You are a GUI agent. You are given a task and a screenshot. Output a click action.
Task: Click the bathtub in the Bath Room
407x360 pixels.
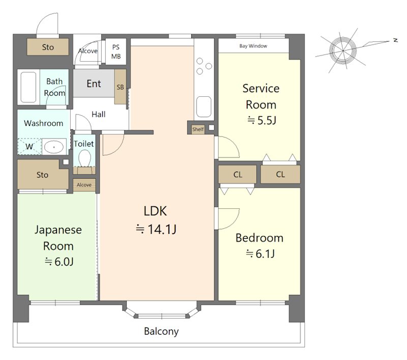coord(28,87)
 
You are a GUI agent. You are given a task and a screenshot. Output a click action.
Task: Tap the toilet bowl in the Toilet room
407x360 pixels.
coord(84,158)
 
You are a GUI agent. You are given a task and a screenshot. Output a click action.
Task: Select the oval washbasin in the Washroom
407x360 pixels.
coord(54,147)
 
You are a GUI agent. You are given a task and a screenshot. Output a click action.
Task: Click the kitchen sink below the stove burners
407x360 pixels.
coord(204,106)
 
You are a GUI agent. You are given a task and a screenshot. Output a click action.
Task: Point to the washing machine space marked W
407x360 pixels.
coord(30,147)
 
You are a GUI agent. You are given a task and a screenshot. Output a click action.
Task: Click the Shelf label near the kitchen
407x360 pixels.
coord(198,129)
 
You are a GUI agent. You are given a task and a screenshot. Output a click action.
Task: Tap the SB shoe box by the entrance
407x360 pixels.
coord(120,87)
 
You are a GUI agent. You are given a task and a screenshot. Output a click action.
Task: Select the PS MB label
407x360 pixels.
coord(116,52)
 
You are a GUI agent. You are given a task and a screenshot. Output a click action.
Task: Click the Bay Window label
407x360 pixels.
coord(253,46)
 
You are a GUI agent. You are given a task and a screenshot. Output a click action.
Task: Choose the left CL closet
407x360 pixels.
coord(238,174)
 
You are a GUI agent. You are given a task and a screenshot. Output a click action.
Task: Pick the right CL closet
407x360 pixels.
coord(280,174)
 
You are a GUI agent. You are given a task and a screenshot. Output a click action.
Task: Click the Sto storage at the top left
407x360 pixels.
coord(48,47)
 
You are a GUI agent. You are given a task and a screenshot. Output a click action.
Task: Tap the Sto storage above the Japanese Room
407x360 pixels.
coord(42,175)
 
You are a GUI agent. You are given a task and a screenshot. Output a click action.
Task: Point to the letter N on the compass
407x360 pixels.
coord(396,40)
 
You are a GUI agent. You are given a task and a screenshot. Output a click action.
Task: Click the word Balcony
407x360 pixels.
coord(161,331)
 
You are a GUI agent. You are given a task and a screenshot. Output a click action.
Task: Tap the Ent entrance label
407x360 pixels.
coord(94,84)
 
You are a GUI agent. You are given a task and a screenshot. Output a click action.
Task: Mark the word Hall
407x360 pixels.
coord(98,114)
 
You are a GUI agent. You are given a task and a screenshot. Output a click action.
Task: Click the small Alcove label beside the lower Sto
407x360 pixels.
coord(84,185)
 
